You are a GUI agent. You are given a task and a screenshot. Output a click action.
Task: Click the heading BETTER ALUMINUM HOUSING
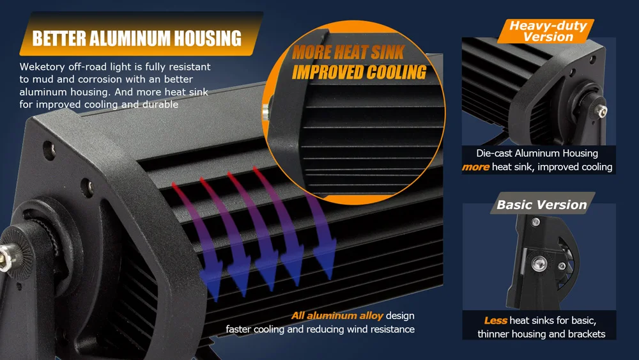(137, 38)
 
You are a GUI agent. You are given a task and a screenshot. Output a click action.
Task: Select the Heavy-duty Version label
(548, 31)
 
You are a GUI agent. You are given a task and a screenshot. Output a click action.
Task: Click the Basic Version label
(541, 205)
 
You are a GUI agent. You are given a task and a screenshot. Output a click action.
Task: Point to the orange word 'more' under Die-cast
(475, 168)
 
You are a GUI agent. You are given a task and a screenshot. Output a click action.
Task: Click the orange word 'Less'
(495, 320)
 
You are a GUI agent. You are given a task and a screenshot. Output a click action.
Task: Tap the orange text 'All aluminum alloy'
(337, 315)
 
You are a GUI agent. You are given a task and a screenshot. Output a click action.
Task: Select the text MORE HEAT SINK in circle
(348, 52)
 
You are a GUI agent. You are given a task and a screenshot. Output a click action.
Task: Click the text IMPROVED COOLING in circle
(359, 72)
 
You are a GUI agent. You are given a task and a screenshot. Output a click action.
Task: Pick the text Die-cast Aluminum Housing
(537, 153)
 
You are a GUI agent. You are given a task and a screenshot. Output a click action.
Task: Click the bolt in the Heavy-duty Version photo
(600, 110)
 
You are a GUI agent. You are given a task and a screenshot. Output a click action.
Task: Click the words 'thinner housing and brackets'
(541, 334)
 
